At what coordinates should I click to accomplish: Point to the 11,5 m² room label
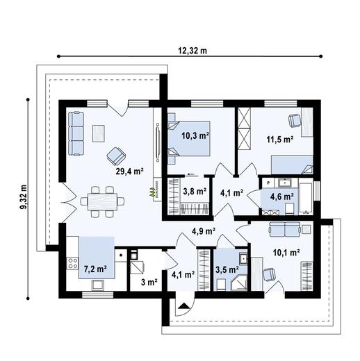pyautogui.click(x=279, y=139)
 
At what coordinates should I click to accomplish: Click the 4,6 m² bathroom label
pyautogui.click(x=281, y=196)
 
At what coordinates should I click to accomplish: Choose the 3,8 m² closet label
pyautogui.click(x=195, y=191)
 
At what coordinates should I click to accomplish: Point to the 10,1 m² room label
pyautogui.click(x=286, y=253)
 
